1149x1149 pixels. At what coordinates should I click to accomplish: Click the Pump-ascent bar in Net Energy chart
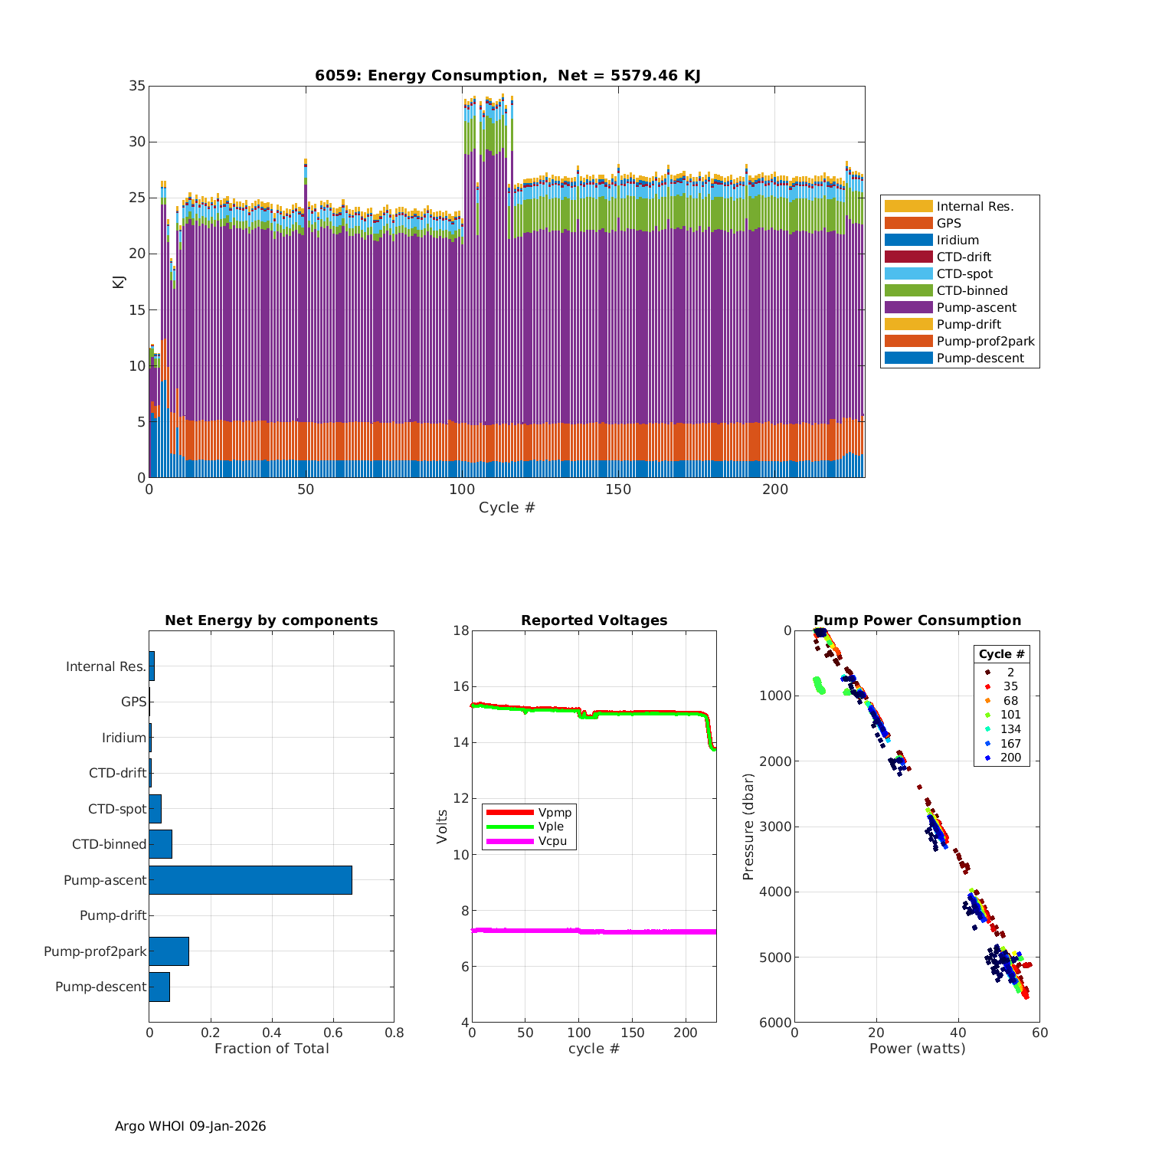point(250,880)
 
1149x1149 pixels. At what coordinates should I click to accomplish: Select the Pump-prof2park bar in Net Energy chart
point(169,951)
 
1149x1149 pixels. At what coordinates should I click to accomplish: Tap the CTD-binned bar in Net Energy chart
point(160,844)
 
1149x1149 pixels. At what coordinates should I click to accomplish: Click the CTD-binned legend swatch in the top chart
point(908,291)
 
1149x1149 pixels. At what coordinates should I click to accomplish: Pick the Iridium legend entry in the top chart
point(957,241)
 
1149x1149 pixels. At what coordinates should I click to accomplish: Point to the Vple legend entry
point(551,827)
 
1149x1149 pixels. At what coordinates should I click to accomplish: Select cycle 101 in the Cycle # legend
point(1010,715)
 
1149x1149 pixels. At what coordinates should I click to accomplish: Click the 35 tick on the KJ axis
point(137,86)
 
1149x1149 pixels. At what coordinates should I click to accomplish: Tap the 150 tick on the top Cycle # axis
point(618,489)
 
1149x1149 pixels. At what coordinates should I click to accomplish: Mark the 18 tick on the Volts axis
point(461,630)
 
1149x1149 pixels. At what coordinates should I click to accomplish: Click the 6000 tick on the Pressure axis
point(776,1023)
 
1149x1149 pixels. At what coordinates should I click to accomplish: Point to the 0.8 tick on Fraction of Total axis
point(394,1033)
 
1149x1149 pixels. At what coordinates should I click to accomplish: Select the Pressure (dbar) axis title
point(749,827)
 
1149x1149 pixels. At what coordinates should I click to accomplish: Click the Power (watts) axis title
point(917,1049)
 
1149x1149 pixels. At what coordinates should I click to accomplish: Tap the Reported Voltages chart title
point(594,620)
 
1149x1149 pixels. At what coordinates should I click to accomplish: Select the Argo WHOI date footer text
point(190,1126)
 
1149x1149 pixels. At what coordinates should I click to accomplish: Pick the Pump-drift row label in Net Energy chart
point(113,915)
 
